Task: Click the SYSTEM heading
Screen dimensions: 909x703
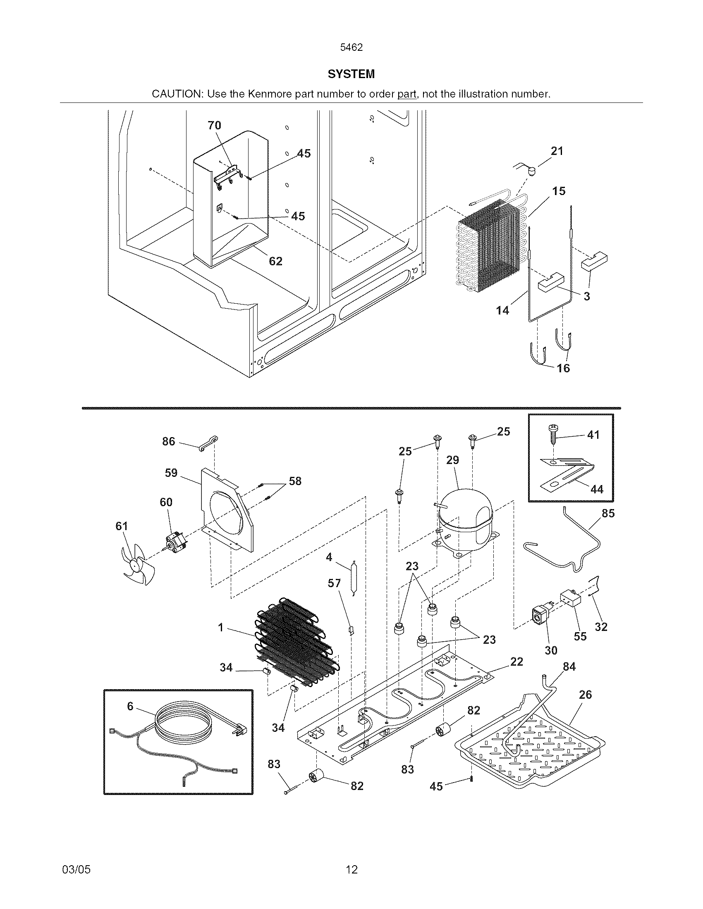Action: [x=351, y=74]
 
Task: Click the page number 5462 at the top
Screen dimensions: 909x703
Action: [x=351, y=48]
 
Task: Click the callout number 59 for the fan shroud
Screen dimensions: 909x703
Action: [x=171, y=473]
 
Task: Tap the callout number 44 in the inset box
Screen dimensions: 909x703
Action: [x=596, y=489]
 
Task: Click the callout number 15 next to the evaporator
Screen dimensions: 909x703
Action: [x=559, y=191]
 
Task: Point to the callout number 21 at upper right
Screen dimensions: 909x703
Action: [x=557, y=151]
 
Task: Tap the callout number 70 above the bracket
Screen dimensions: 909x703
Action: [x=214, y=125]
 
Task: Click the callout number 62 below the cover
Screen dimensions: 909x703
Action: [x=275, y=261]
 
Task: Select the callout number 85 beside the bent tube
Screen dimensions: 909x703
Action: [x=608, y=513]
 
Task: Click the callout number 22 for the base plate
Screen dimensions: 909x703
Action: [x=516, y=662]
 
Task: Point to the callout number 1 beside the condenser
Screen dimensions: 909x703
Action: [x=221, y=627]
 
